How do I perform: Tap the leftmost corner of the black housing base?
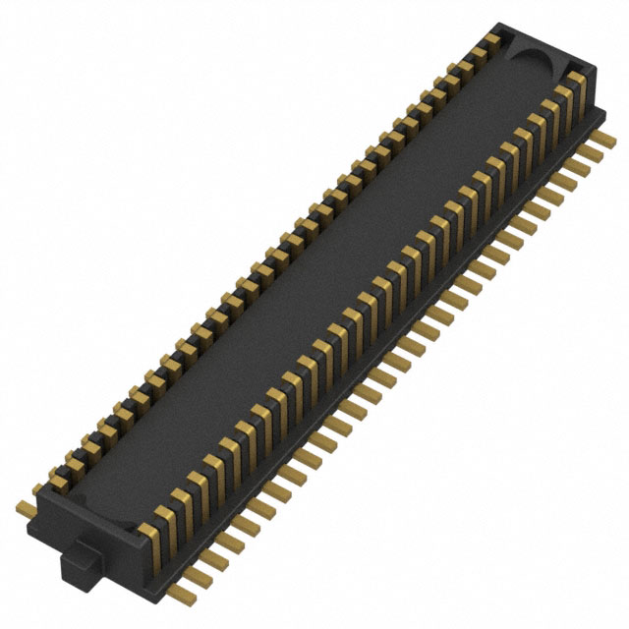click(x=35, y=491)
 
